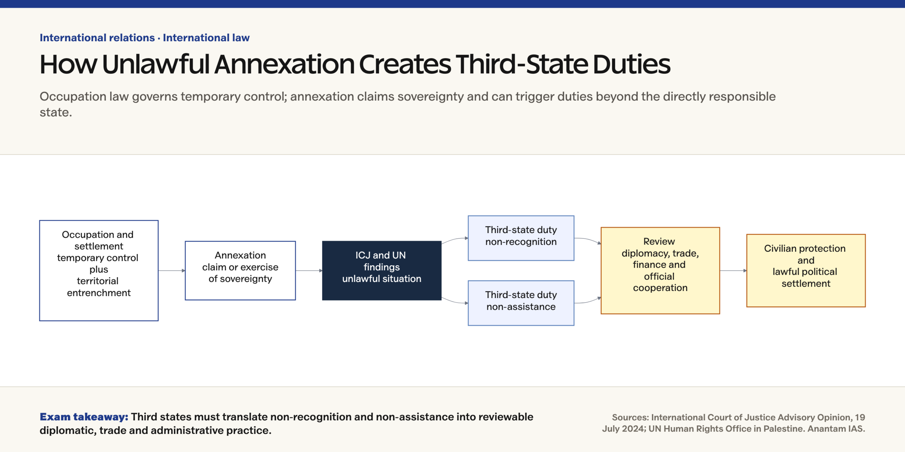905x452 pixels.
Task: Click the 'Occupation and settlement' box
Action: [99, 270]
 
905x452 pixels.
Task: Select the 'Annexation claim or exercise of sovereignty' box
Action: [240, 270]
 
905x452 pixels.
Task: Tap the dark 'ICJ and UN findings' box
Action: [382, 270]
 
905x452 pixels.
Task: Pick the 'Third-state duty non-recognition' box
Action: [521, 238]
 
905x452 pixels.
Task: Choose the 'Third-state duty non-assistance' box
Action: [521, 303]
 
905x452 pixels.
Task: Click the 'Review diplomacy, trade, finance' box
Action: [660, 270]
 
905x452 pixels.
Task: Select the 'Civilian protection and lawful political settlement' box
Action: [806, 270]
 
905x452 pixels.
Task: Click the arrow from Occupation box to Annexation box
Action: [172, 270]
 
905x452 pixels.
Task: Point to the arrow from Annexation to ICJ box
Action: [309, 270]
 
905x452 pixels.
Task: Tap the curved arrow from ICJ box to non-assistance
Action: [455, 302]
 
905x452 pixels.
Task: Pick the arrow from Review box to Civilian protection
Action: [733, 270]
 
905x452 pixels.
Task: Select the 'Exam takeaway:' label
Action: [84, 417]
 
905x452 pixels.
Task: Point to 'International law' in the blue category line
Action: [206, 37]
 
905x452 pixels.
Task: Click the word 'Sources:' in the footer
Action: [630, 417]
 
